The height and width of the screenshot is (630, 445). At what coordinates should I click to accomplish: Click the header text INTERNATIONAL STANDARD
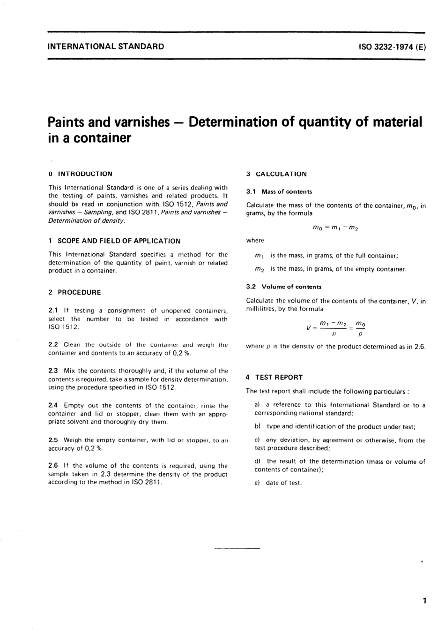(106, 46)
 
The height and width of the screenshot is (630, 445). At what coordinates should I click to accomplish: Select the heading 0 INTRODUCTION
(80, 174)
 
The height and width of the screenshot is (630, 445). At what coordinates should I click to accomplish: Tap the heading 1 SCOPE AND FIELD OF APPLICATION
(114, 241)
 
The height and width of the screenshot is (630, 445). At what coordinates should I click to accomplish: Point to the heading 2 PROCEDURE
(74, 292)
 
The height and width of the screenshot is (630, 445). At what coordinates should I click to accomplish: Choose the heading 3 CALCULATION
(276, 174)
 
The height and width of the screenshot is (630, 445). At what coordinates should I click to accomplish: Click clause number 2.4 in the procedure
(53, 406)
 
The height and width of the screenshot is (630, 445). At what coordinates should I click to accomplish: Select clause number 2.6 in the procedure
(53, 466)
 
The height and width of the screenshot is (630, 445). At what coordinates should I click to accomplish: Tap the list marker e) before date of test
(257, 483)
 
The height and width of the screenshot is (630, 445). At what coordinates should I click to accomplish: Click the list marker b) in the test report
(257, 427)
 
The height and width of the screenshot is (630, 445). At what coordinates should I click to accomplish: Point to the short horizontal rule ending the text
(237, 548)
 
